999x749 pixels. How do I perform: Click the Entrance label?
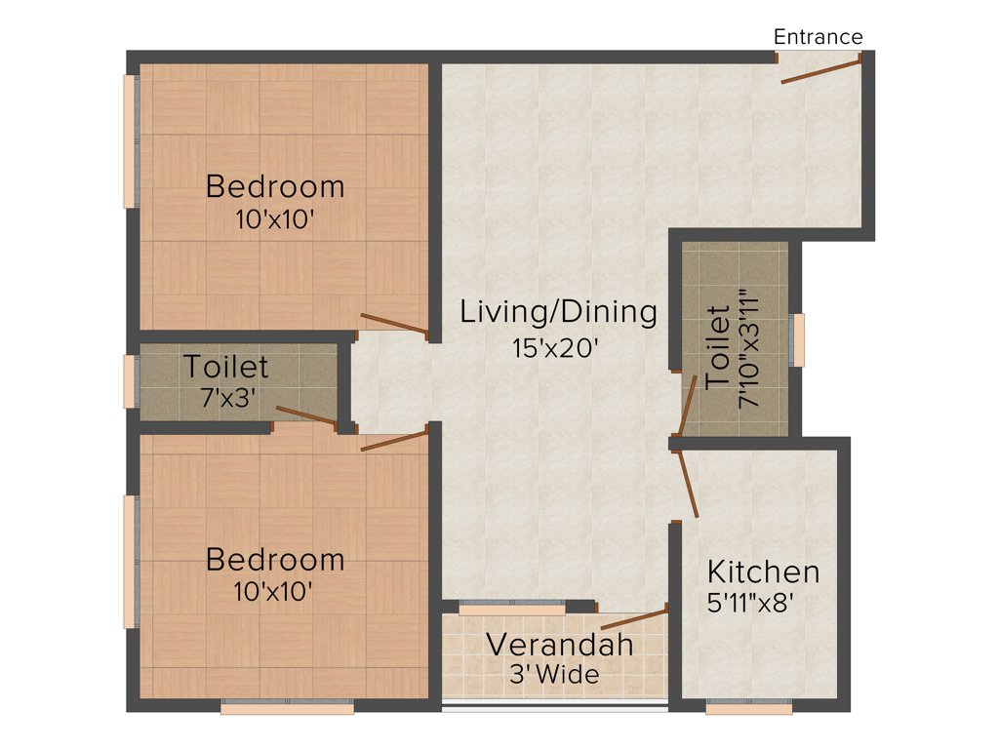point(818,37)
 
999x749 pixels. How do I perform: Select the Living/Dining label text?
point(559,312)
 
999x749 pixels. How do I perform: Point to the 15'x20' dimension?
point(554,348)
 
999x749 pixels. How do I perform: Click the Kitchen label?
point(763,572)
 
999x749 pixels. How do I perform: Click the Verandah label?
point(560,645)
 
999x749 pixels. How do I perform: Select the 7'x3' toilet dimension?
point(226,398)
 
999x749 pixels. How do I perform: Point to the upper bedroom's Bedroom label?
point(275,185)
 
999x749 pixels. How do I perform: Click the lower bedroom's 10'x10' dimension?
point(274,590)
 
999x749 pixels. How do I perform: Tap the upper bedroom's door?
point(395,326)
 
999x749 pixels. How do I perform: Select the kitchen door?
point(688,483)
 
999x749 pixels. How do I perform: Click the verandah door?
point(634,617)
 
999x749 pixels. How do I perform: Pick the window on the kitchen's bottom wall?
point(749,709)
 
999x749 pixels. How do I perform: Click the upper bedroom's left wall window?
point(129,140)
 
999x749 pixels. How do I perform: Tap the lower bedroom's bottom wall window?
point(287,709)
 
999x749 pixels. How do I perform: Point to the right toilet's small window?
point(798,339)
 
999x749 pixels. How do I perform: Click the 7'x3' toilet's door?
point(306,416)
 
